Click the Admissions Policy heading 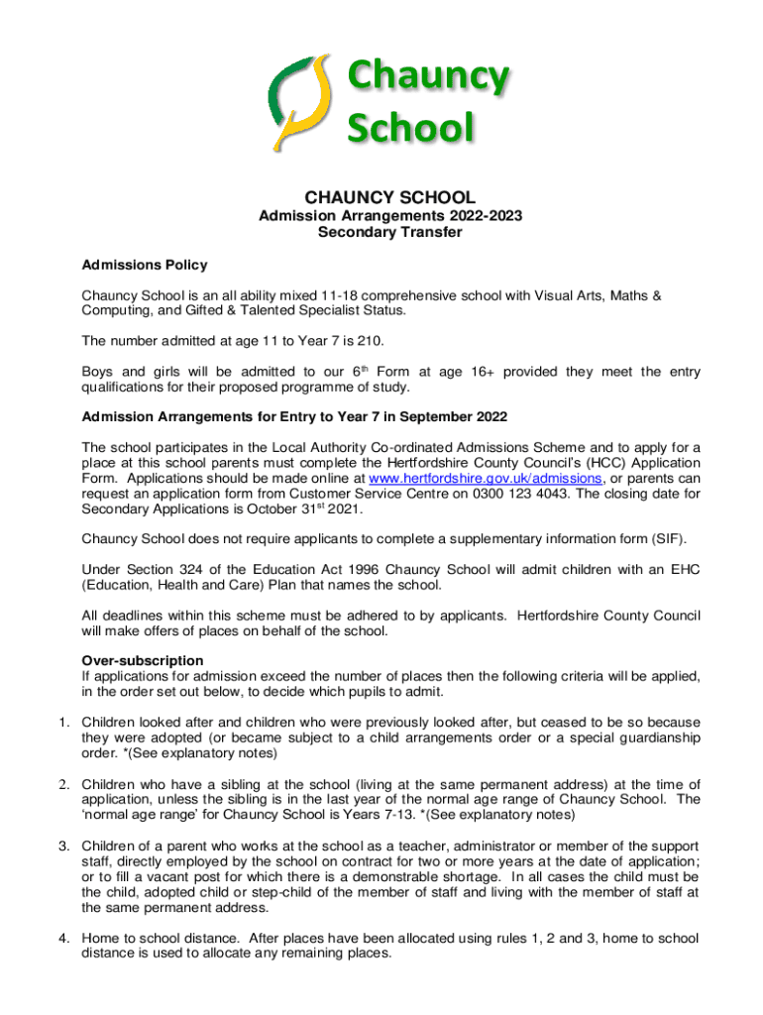coord(145,265)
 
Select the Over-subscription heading coord(143,660)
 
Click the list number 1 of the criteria coord(61,722)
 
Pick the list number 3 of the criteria coord(61,846)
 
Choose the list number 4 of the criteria coord(61,938)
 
